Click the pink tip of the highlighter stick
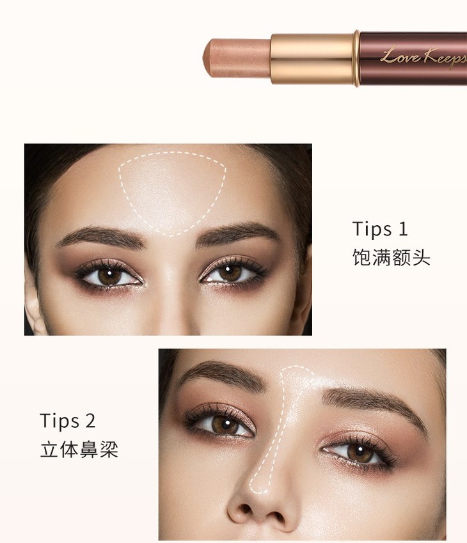pyautogui.click(x=237, y=58)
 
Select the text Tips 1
pyautogui.click(x=380, y=229)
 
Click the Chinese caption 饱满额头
pyautogui.click(x=392, y=257)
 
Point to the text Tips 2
pyautogui.click(x=68, y=421)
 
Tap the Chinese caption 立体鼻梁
pyautogui.click(x=79, y=449)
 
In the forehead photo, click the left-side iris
pyautogui.click(x=109, y=275)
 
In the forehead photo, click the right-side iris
pyautogui.click(x=230, y=272)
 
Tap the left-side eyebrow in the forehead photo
pyautogui.click(x=101, y=236)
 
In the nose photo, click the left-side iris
pyautogui.click(x=224, y=424)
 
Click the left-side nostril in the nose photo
pyautogui.click(x=244, y=509)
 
